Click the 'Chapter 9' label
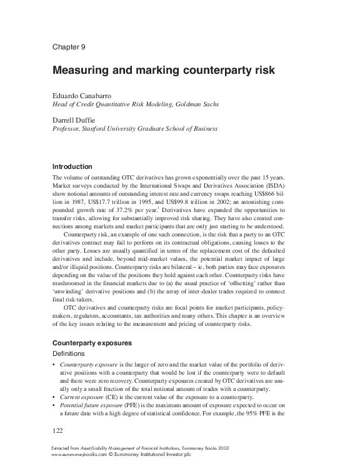tap(69, 47)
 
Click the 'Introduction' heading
tap(72, 166)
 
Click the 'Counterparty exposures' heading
tap(92, 343)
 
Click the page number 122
tap(58, 431)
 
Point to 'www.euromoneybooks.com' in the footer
tap(79, 453)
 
